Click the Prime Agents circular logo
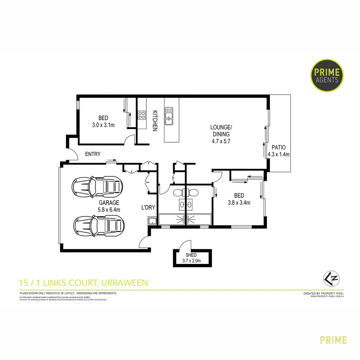(x=327, y=75)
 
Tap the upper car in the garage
(x=98, y=186)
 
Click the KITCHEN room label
(x=155, y=121)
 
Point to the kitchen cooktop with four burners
(x=141, y=115)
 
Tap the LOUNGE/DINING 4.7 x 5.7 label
(x=220, y=134)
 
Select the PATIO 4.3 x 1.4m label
(x=279, y=151)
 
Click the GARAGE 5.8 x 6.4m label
(x=109, y=206)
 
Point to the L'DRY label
(x=148, y=208)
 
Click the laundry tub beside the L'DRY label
(x=152, y=220)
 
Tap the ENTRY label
(x=93, y=154)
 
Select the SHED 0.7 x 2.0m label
(x=191, y=258)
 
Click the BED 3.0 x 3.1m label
(x=103, y=122)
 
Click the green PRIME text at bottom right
(x=333, y=340)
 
